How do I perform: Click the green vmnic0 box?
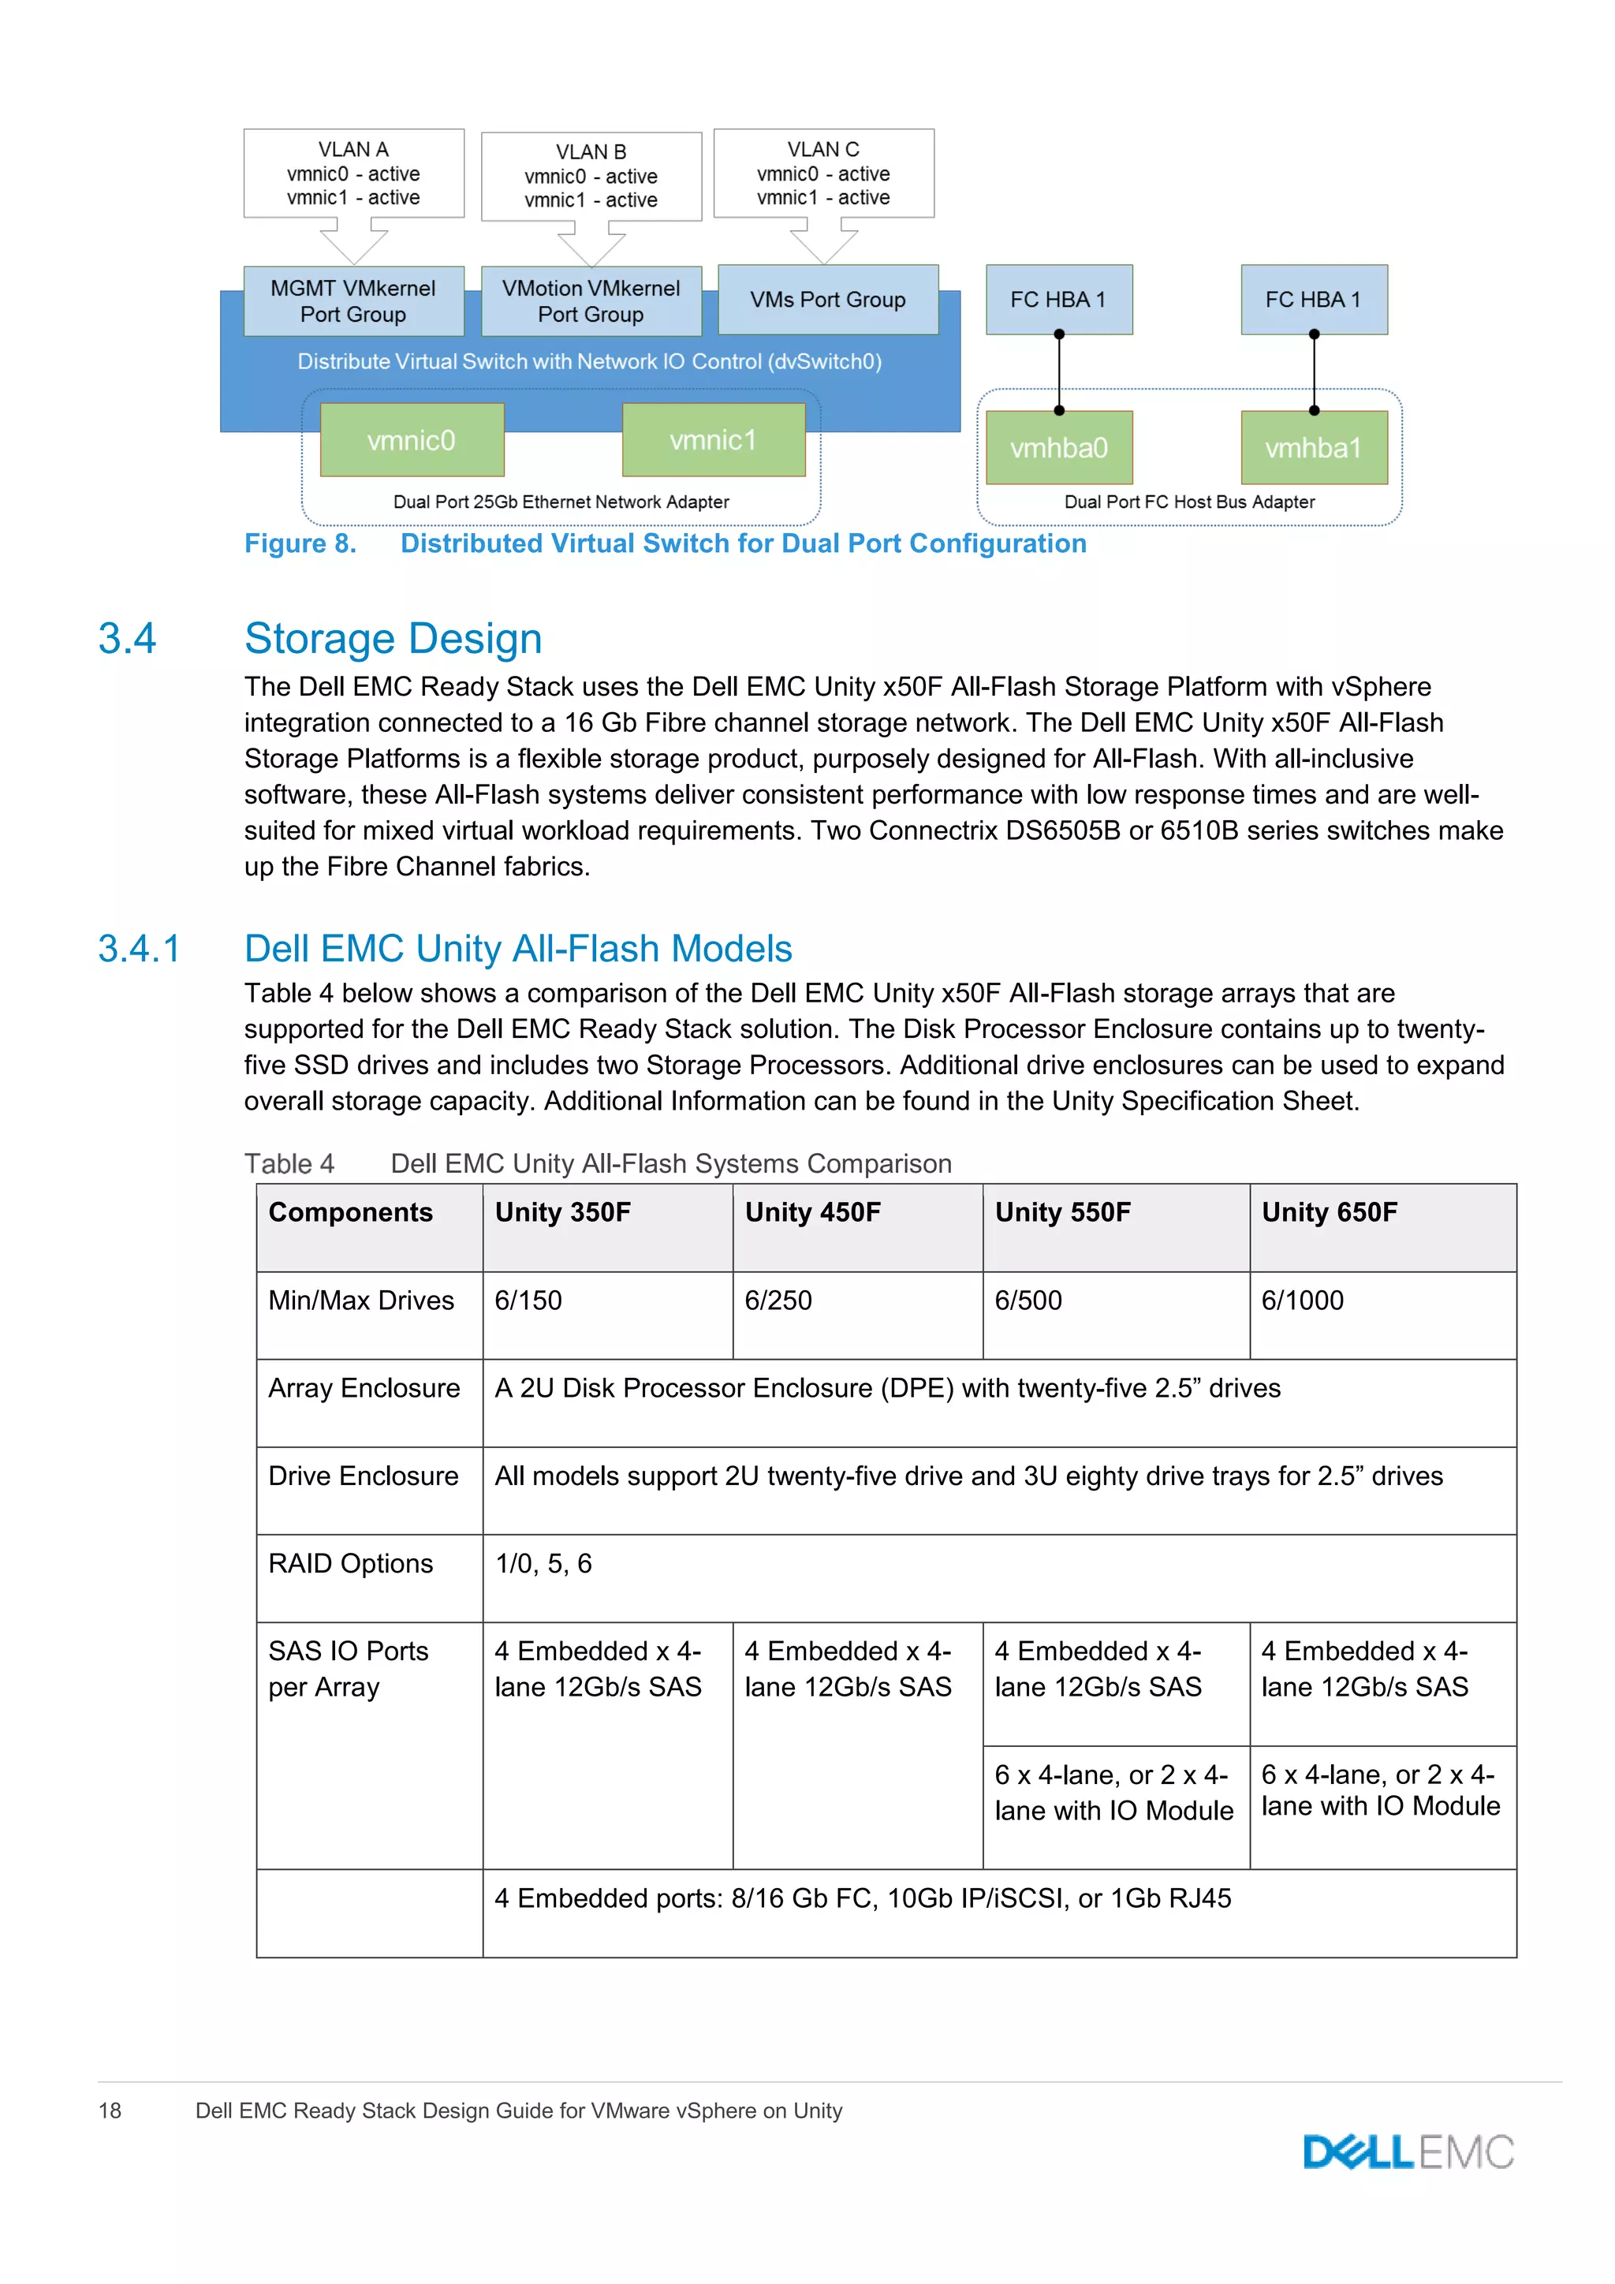(x=412, y=440)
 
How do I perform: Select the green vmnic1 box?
(x=713, y=440)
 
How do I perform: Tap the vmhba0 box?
(x=1059, y=448)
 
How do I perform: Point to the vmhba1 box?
(x=1314, y=448)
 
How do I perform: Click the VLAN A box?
(x=354, y=173)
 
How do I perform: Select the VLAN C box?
(x=823, y=173)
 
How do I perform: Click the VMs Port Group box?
(x=827, y=300)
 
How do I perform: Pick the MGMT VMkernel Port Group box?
(x=353, y=300)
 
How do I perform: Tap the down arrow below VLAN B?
(x=591, y=244)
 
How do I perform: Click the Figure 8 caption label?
(x=300, y=543)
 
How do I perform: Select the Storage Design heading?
(x=393, y=639)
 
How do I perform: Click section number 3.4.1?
(x=140, y=948)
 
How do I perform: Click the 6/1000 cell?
(x=1302, y=1301)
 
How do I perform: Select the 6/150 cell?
(x=528, y=1301)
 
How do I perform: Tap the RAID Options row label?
(x=350, y=1563)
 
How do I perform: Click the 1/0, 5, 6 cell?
(x=543, y=1563)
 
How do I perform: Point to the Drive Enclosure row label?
(x=363, y=1476)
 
